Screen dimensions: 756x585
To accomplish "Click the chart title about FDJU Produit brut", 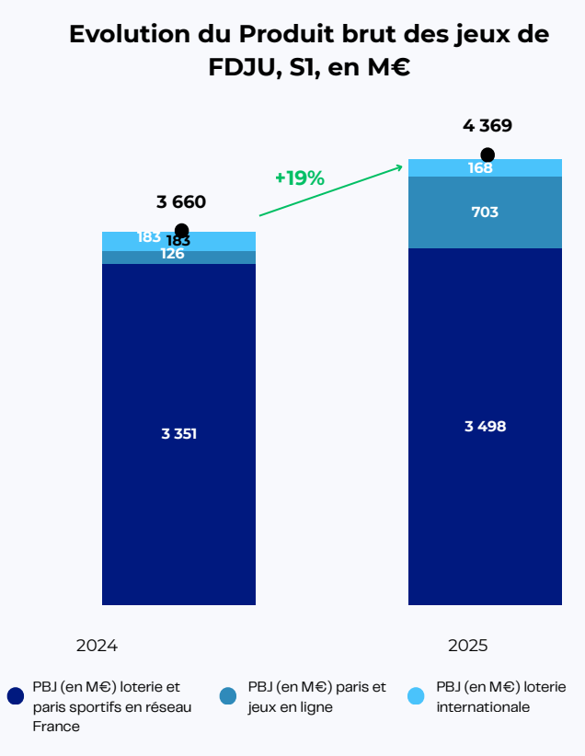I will tap(308, 52).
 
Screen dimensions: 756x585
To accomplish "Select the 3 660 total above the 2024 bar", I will tap(180, 202).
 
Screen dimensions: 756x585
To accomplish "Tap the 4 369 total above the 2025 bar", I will tap(487, 126).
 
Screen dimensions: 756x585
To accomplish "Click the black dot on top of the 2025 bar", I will tap(487, 155).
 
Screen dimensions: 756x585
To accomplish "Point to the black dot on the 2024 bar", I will tap(181, 231).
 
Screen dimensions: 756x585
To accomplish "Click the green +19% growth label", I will tap(300, 178).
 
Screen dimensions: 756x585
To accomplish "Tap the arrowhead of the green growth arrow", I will tap(400, 166).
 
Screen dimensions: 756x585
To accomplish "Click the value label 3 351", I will tap(178, 434).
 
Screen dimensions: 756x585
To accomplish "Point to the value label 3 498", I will tap(485, 426).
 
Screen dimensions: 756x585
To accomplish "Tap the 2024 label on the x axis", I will tap(97, 646).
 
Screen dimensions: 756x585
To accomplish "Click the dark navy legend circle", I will tap(15, 696).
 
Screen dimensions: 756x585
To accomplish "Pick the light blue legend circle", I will tap(417, 696).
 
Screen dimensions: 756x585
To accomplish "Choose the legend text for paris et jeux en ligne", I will tap(316, 697).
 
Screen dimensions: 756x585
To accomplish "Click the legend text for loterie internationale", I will tap(500, 697).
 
